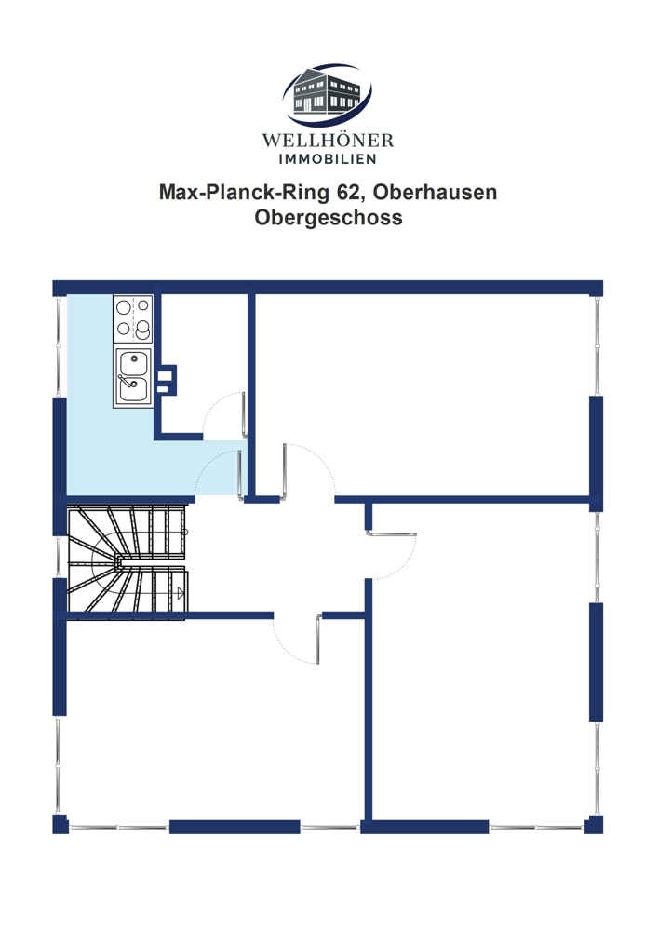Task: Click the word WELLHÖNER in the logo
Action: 328,141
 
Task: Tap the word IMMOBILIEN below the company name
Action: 328,159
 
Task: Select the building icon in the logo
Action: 327,94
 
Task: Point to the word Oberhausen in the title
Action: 436,193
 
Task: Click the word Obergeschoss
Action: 329,217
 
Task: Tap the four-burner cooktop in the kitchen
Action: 133,318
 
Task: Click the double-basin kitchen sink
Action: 133,377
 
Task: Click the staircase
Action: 128,559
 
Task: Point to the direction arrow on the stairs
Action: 181,592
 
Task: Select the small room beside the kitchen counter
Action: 204,362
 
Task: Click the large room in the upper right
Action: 423,394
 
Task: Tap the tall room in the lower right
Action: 480,665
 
